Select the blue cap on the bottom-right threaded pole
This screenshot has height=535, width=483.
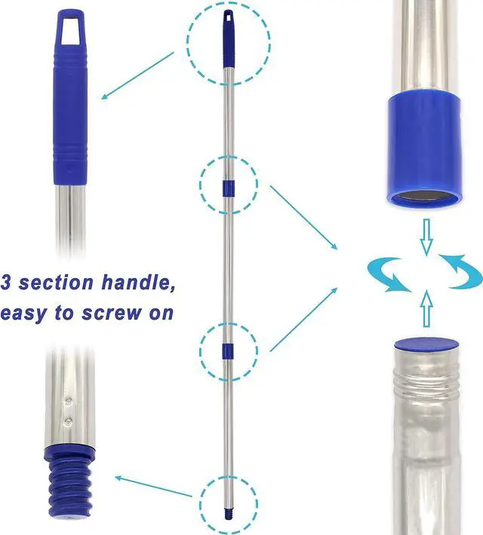coord(427,344)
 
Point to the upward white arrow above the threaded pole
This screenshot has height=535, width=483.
coord(426,308)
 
